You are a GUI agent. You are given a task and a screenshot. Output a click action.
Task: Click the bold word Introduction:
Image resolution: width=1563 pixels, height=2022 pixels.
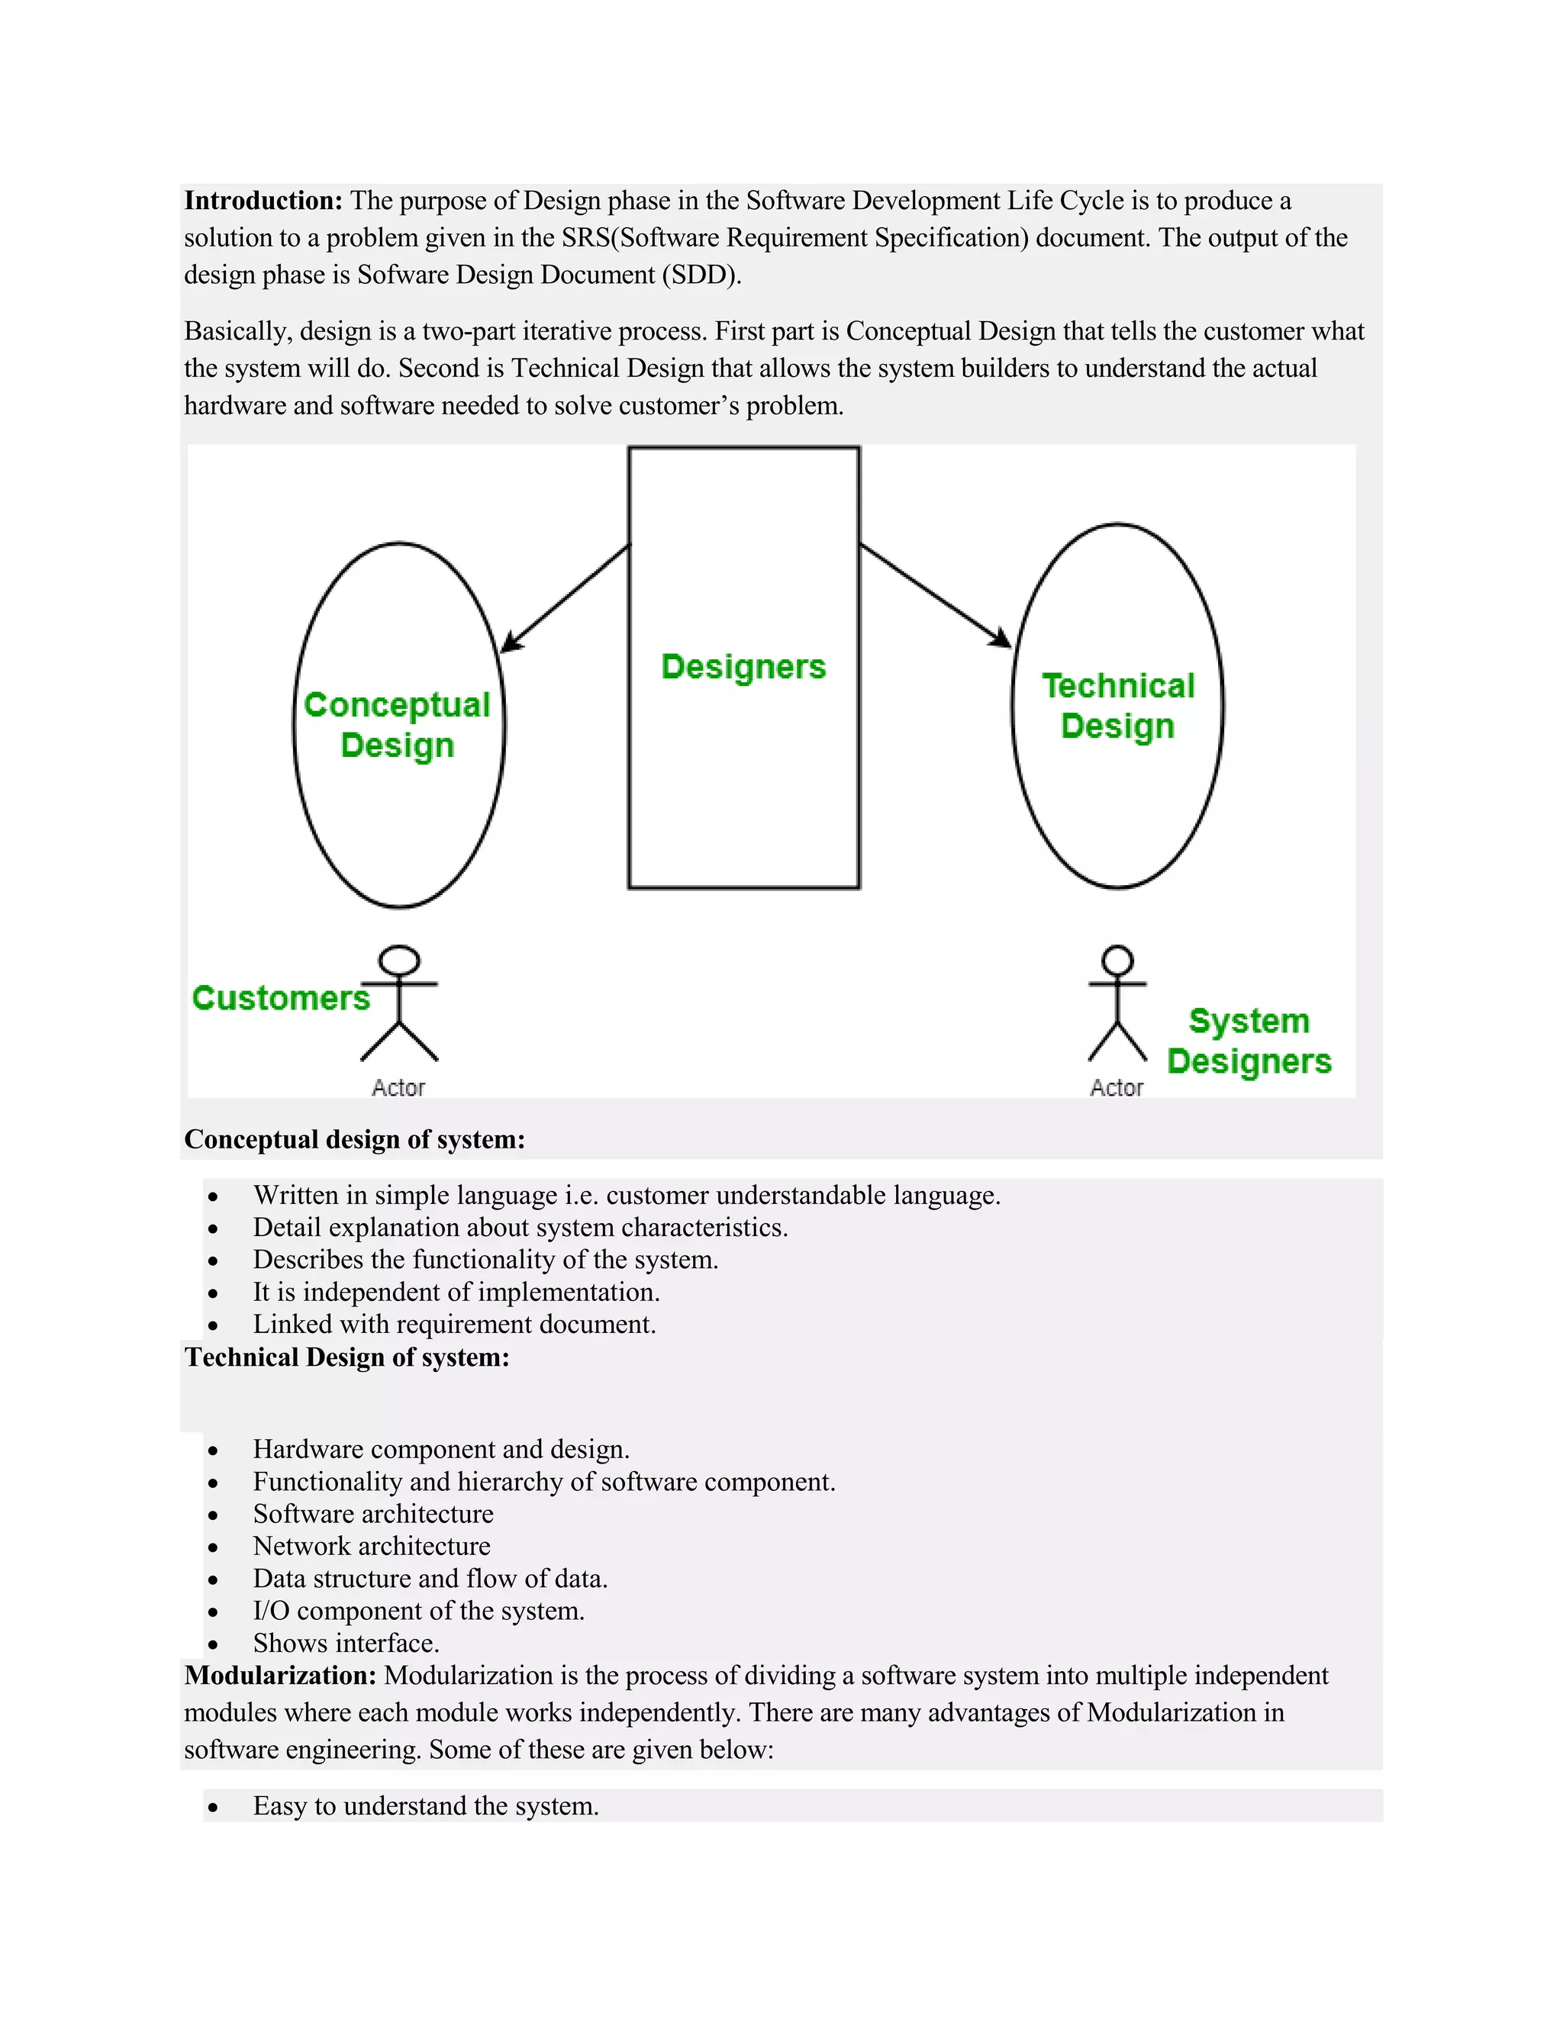pyautogui.click(x=263, y=201)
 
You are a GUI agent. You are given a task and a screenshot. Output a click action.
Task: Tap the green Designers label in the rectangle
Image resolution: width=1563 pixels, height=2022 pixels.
pyautogui.click(x=743, y=667)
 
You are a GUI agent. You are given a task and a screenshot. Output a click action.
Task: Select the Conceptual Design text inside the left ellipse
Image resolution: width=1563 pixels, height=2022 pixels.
pyautogui.click(x=397, y=725)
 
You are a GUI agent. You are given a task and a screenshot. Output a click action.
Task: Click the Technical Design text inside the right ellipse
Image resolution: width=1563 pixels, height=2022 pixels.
pyautogui.click(x=1117, y=706)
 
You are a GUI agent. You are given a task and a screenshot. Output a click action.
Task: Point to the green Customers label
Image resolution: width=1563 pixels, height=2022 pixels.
pyautogui.click(x=281, y=998)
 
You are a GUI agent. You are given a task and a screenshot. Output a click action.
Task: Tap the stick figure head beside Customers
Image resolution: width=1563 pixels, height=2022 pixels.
pyautogui.click(x=400, y=960)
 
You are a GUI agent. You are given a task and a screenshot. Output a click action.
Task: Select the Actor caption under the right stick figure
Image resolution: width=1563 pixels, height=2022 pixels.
pyautogui.click(x=1116, y=1088)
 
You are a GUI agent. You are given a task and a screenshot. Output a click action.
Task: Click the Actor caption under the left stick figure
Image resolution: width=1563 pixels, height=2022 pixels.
pyautogui.click(x=398, y=1088)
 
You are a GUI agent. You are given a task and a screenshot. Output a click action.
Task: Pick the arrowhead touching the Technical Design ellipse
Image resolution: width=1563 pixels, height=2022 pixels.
pyautogui.click(x=1001, y=639)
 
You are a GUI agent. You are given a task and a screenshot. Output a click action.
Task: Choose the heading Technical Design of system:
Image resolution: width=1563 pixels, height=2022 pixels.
pyautogui.click(x=347, y=1357)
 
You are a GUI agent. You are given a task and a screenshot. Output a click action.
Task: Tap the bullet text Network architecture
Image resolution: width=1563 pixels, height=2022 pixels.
pyautogui.click(x=372, y=1546)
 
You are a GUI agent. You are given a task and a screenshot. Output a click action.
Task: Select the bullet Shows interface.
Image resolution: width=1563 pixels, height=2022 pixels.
pyautogui.click(x=346, y=1644)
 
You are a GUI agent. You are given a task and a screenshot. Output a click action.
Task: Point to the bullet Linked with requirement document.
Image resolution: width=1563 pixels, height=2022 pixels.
pyautogui.click(x=454, y=1325)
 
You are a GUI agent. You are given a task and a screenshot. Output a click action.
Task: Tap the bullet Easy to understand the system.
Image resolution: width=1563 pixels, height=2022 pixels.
pyautogui.click(x=426, y=1806)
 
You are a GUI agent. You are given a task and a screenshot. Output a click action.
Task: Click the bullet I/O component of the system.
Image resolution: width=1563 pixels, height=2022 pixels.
pyautogui.click(x=418, y=1611)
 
